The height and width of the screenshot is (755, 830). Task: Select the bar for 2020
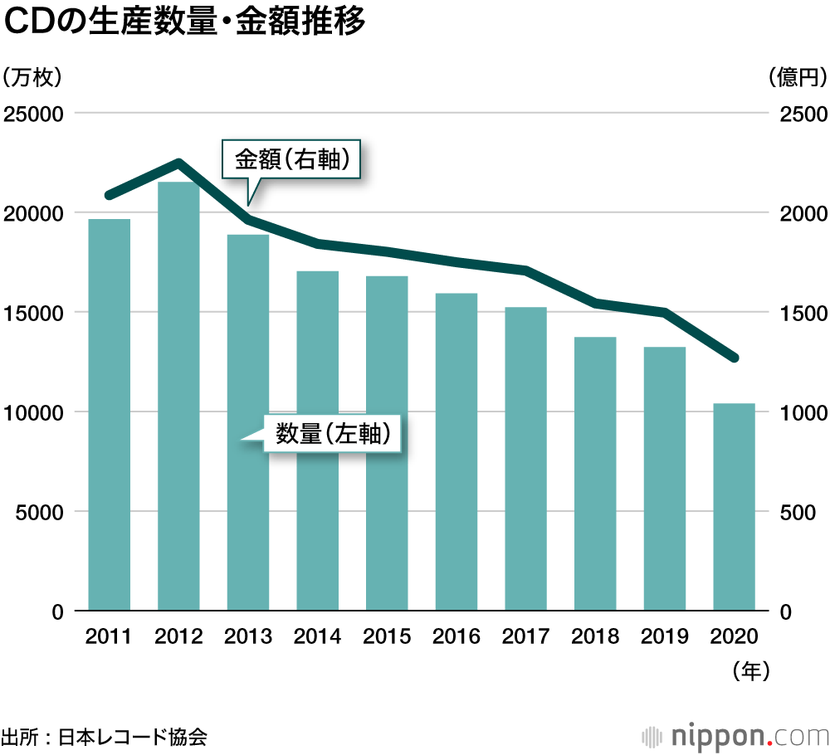click(734, 507)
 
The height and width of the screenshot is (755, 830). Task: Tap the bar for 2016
click(456, 452)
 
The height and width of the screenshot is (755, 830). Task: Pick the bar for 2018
click(595, 474)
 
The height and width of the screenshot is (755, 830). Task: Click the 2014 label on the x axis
click(318, 636)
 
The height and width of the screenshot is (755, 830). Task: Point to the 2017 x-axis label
click(525, 636)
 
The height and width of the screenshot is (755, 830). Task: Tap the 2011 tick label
click(109, 636)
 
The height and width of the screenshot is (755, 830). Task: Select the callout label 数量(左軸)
click(332, 433)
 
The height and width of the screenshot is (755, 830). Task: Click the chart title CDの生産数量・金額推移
click(184, 24)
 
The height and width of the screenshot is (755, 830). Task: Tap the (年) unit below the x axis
click(752, 670)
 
